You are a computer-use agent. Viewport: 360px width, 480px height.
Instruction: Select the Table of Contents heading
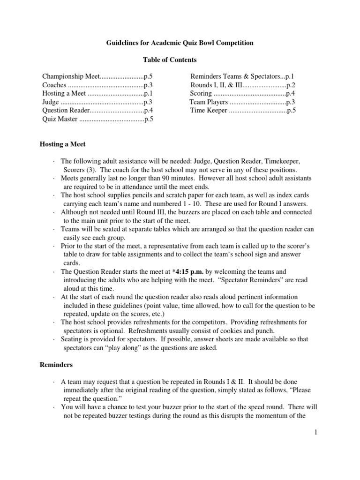pos(169,60)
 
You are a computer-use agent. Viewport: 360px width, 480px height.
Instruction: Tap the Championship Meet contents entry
pos(97,76)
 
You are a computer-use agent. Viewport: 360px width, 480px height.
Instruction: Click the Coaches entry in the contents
pos(97,85)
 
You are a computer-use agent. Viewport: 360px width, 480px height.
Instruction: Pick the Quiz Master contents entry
pos(97,120)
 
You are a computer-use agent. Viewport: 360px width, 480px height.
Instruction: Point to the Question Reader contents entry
pos(97,111)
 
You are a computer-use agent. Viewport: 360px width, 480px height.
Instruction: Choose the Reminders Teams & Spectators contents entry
pos(242,76)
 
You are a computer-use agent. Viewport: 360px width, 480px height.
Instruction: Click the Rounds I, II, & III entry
pos(242,85)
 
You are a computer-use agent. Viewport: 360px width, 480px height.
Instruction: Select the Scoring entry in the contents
pos(242,93)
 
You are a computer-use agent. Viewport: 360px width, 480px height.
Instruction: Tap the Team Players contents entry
pos(242,102)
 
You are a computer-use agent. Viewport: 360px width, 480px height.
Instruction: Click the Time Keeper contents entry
pos(242,111)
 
